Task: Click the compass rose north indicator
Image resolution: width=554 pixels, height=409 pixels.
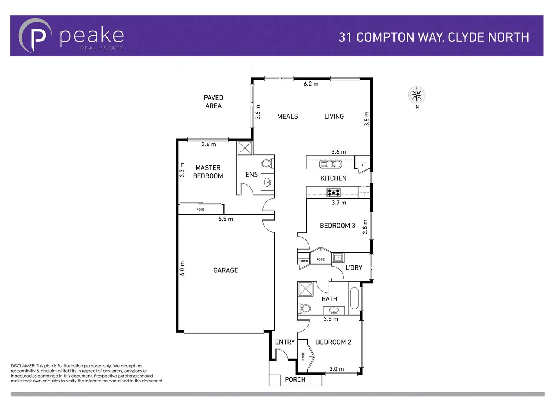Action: coord(417,95)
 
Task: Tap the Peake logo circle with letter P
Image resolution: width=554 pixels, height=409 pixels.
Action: coord(35,36)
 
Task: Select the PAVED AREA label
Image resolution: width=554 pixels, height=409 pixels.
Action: coord(213,102)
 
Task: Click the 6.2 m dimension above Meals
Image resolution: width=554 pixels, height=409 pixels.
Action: coord(311,84)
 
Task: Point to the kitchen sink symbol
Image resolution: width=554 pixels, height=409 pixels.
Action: coord(331,164)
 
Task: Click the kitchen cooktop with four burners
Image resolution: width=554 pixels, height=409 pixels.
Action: coord(334,193)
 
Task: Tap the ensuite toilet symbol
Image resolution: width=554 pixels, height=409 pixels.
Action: coord(267,164)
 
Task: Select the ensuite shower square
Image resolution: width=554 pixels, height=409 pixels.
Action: coord(245,148)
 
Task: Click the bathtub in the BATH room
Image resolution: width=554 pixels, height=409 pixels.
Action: coord(354,299)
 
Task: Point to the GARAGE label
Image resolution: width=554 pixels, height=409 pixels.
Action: coord(226,270)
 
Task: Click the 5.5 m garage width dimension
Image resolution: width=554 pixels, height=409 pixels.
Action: coord(226,219)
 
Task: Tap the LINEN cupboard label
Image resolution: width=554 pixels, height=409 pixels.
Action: coord(303,261)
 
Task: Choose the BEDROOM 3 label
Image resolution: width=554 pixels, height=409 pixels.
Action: coord(337,226)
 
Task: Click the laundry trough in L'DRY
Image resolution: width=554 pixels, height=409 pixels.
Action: coord(338,258)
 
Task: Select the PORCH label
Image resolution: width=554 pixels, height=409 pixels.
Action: coord(295,379)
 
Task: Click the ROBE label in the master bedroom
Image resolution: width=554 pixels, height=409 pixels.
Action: coord(200,209)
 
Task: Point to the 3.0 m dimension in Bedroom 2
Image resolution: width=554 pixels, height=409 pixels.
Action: coord(337,369)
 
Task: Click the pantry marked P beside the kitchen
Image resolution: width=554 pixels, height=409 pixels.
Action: coord(363,165)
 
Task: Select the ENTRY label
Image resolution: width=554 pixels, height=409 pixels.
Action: coord(285,342)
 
